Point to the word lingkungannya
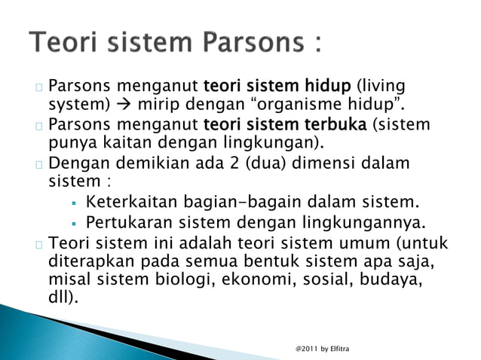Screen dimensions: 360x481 369,222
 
